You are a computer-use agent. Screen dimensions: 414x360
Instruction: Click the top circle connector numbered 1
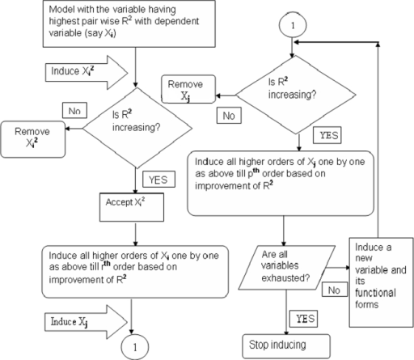pos(293,25)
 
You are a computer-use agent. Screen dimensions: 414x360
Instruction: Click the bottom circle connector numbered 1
pos(135,347)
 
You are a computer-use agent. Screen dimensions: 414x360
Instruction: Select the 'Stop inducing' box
pos(286,346)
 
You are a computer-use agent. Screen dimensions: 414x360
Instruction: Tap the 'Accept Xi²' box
pos(132,207)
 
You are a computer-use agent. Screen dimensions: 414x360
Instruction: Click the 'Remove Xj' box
pos(188,89)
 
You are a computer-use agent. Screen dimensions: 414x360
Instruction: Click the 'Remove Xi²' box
pos(33,139)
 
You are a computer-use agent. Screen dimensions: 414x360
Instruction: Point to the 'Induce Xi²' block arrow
pos(87,73)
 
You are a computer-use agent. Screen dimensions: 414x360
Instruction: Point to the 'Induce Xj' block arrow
pos(86,322)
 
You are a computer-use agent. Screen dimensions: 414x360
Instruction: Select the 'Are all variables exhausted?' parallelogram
pos(287,268)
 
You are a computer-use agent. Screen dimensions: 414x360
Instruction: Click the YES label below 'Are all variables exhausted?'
pos(303,319)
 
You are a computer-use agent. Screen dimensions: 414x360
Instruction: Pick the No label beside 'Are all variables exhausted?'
pos(335,290)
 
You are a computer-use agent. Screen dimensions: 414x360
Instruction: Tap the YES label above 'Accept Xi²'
pos(158,180)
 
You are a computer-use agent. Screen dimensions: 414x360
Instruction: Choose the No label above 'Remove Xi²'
pos(74,110)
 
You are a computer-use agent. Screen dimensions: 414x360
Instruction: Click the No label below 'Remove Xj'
pos(229,116)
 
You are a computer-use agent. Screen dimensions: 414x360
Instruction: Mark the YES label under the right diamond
pos(327,135)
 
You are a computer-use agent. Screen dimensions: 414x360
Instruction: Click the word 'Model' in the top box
pos(62,10)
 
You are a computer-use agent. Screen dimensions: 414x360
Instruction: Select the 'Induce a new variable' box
pos(381,282)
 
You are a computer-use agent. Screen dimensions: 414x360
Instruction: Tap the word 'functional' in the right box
pos(375,293)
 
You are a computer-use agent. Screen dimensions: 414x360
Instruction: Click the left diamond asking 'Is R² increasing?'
pos(137,128)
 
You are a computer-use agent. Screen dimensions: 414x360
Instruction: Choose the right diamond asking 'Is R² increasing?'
pos(296,95)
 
